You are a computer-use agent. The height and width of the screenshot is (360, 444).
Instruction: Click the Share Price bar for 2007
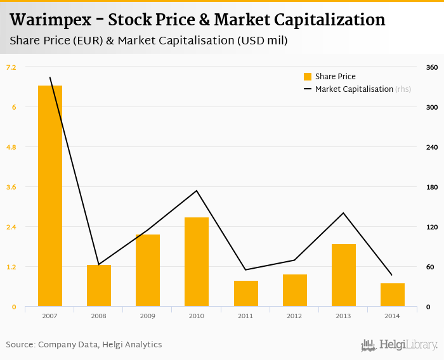point(50,196)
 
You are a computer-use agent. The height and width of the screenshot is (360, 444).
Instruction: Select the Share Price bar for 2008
point(99,285)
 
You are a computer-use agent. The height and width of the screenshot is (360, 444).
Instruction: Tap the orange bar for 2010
point(197,262)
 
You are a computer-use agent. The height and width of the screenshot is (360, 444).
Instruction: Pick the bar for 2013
point(343,275)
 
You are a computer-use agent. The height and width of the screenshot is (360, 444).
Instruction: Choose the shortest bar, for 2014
point(392,295)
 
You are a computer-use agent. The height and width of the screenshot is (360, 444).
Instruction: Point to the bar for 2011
point(245,293)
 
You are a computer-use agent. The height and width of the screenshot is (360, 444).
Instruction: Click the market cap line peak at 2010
point(197,191)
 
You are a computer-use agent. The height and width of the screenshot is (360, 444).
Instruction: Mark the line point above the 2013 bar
point(343,213)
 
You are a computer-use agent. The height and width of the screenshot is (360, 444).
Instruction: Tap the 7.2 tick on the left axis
point(11,67)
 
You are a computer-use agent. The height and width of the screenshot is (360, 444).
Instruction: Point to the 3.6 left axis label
point(11,187)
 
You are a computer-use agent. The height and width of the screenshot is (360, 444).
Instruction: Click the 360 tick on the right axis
point(432,67)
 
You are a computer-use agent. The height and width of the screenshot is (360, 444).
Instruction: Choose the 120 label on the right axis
point(432,227)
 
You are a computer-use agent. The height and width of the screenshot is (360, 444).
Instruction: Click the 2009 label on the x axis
point(148,316)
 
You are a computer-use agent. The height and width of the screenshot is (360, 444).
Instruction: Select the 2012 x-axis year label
point(294,316)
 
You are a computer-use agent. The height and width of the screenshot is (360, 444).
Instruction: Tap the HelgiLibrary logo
point(400,345)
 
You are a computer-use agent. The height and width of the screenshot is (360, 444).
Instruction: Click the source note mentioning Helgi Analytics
point(84,345)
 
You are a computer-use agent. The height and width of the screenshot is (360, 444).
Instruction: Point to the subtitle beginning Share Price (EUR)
point(148,41)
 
